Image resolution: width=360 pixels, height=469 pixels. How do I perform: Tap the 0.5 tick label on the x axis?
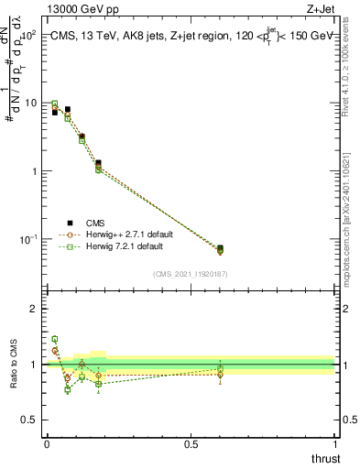191,444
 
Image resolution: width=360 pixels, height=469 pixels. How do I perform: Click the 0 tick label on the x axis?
47,444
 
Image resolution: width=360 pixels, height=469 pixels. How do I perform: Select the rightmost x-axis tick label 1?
335,444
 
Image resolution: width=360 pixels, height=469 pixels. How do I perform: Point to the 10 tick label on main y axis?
30,104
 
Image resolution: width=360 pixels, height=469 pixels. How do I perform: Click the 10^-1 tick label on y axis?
27,239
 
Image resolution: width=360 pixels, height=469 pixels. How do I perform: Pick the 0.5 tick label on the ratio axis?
31,420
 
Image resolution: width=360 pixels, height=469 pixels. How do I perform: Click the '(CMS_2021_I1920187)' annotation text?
191,273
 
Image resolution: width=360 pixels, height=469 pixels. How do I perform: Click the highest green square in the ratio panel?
55,339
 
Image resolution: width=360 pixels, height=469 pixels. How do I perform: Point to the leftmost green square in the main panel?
55,104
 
